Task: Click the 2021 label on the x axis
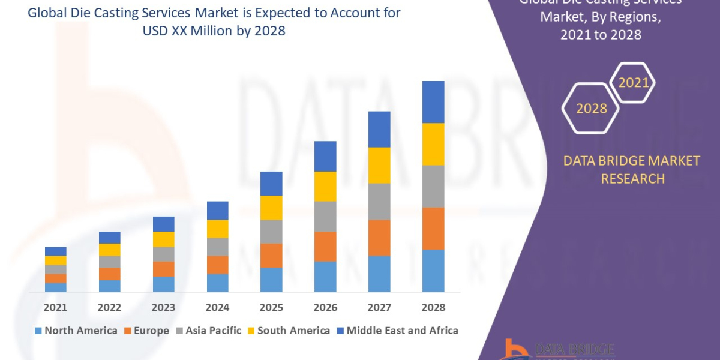click(56, 307)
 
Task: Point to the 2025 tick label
click(271, 307)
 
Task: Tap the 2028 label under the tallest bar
click(433, 307)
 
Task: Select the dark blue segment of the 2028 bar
click(433, 102)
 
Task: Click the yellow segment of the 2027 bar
click(379, 165)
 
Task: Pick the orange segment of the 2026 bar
click(325, 246)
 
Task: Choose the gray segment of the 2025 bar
click(271, 232)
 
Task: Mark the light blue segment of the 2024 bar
click(217, 283)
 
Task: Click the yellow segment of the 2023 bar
click(163, 239)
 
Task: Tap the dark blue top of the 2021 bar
click(56, 251)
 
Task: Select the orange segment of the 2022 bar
click(109, 274)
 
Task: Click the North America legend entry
click(76, 331)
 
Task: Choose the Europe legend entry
click(148, 331)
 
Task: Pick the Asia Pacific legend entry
click(208, 331)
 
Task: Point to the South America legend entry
click(289, 331)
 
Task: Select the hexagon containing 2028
click(591, 109)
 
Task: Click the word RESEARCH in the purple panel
click(632, 178)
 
